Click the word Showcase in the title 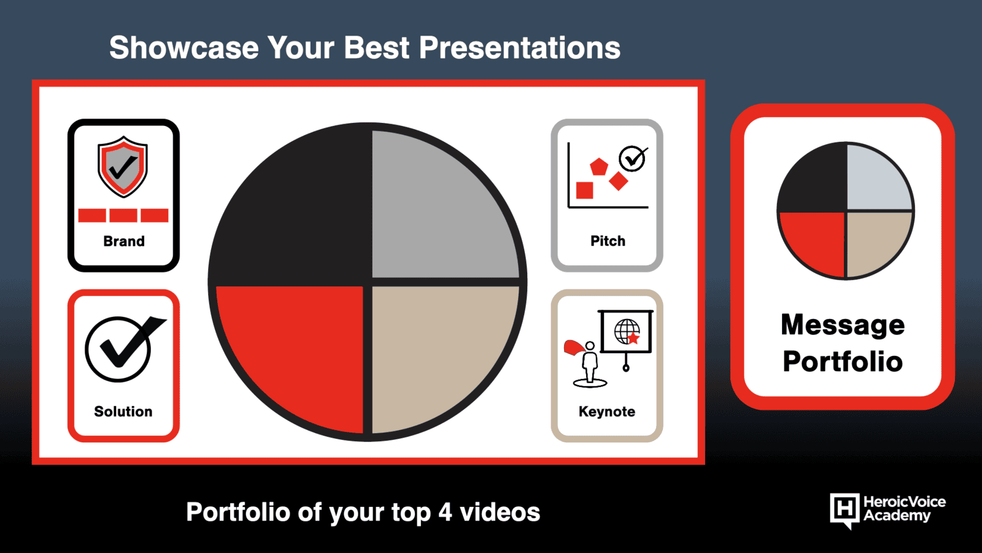pos(184,47)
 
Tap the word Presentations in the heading pos(519,47)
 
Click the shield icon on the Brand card pos(123,167)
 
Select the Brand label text pos(123,241)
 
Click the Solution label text pos(123,411)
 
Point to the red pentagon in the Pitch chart pos(598,167)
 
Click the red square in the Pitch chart pos(584,190)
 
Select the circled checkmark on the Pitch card pos(633,159)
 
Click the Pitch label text pos(608,241)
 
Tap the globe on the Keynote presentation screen pos(627,331)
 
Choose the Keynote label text pos(607,411)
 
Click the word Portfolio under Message pos(843,362)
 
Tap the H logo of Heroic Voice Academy pos(845,509)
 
